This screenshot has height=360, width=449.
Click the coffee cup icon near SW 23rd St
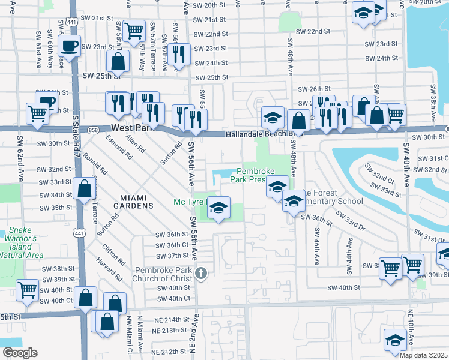(70, 46)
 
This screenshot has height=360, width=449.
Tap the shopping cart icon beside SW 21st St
(135, 29)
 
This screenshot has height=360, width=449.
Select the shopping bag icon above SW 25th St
(118, 61)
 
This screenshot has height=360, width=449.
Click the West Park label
(132, 128)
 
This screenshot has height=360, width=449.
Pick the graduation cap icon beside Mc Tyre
(219, 208)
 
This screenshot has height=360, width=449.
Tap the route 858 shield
(92, 129)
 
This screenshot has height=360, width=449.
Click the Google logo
(20, 352)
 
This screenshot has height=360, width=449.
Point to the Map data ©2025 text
(423, 355)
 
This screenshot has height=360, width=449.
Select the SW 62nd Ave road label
(20, 166)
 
